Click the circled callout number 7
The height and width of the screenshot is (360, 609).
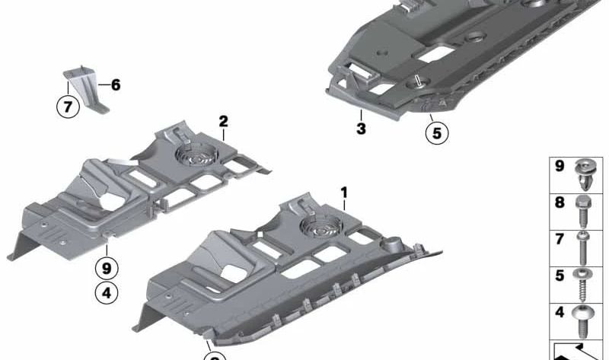click(68, 107)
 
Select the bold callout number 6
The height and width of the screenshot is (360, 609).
click(116, 84)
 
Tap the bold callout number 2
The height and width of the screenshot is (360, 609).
click(223, 122)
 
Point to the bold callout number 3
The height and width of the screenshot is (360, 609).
click(361, 129)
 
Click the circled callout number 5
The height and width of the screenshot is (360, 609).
click(437, 133)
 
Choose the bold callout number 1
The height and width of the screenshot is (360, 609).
click(344, 193)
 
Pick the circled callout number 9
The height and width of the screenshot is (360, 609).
click(107, 268)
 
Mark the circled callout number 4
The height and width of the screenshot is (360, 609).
click(107, 293)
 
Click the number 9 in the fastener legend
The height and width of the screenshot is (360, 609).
click(560, 166)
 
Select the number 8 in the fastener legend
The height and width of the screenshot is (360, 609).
click(560, 202)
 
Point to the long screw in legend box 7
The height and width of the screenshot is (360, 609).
click(583, 248)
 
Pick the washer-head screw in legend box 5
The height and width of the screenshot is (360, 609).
click(582, 285)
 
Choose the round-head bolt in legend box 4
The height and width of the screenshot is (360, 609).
click(582, 321)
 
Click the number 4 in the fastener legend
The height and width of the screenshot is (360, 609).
click(560, 312)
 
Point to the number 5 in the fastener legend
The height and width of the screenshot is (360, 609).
click(560, 276)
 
